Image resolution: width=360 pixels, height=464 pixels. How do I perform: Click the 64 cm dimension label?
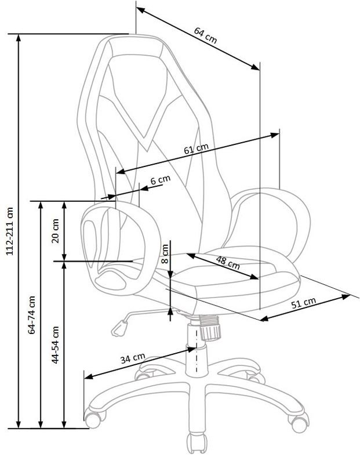(x=205, y=35)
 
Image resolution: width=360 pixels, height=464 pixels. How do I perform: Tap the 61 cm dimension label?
(x=196, y=148)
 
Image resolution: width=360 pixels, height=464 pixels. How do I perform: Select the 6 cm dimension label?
(x=161, y=180)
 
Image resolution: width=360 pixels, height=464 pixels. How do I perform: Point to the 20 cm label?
(x=55, y=231)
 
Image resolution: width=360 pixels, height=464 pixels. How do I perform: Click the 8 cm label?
(x=165, y=253)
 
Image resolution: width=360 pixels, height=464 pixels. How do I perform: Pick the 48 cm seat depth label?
(x=227, y=263)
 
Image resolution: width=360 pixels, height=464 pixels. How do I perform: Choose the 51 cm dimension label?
(x=304, y=303)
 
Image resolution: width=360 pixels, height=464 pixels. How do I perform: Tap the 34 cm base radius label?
(x=133, y=358)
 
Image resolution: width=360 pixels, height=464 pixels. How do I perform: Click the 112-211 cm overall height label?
(x=10, y=231)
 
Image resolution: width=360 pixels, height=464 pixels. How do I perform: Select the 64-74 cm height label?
(x=32, y=315)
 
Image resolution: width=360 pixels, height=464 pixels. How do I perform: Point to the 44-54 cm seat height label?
(x=55, y=345)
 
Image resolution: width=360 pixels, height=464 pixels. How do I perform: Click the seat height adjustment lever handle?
(x=119, y=329)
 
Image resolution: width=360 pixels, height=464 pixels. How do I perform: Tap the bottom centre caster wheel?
(x=197, y=443)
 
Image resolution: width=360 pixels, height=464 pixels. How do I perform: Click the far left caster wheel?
(x=93, y=417)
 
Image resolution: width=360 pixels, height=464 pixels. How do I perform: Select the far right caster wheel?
(x=299, y=422)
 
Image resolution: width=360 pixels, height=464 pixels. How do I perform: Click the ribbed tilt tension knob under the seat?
(x=210, y=328)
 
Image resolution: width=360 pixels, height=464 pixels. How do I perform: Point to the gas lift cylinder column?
(x=196, y=349)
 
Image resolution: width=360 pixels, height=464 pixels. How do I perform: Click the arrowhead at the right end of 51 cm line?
(x=346, y=296)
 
